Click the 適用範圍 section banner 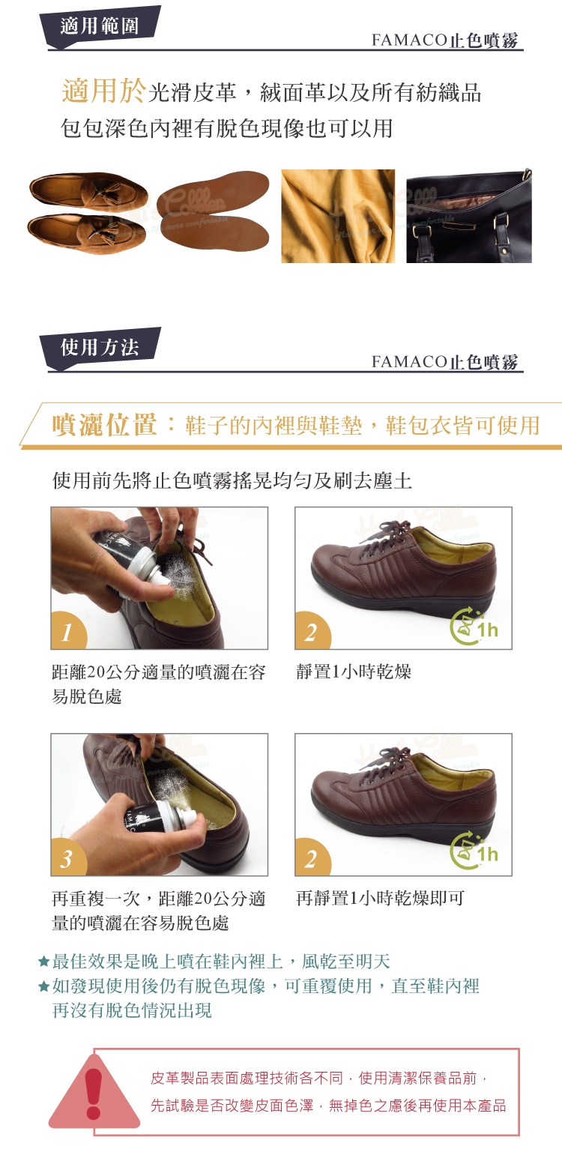tap(100, 26)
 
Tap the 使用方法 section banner tap(100, 348)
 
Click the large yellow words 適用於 tap(103, 91)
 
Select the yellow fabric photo tap(338, 216)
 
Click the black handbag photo tap(469, 216)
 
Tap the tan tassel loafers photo tap(88, 213)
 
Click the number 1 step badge tap(68, 630)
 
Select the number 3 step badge tap(68, 857)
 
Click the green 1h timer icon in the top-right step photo tap(474, 627)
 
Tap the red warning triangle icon tap(94, 1094)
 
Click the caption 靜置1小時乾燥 tap(354, 672)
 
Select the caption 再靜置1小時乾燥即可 tap(380, 898)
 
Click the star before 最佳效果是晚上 tap(44, 962)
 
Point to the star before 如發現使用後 tap(44, 986)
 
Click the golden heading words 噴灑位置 tap(104, 425)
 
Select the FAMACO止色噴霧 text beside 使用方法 tap(444, 362)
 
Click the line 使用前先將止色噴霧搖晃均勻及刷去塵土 tap(232, 480)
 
